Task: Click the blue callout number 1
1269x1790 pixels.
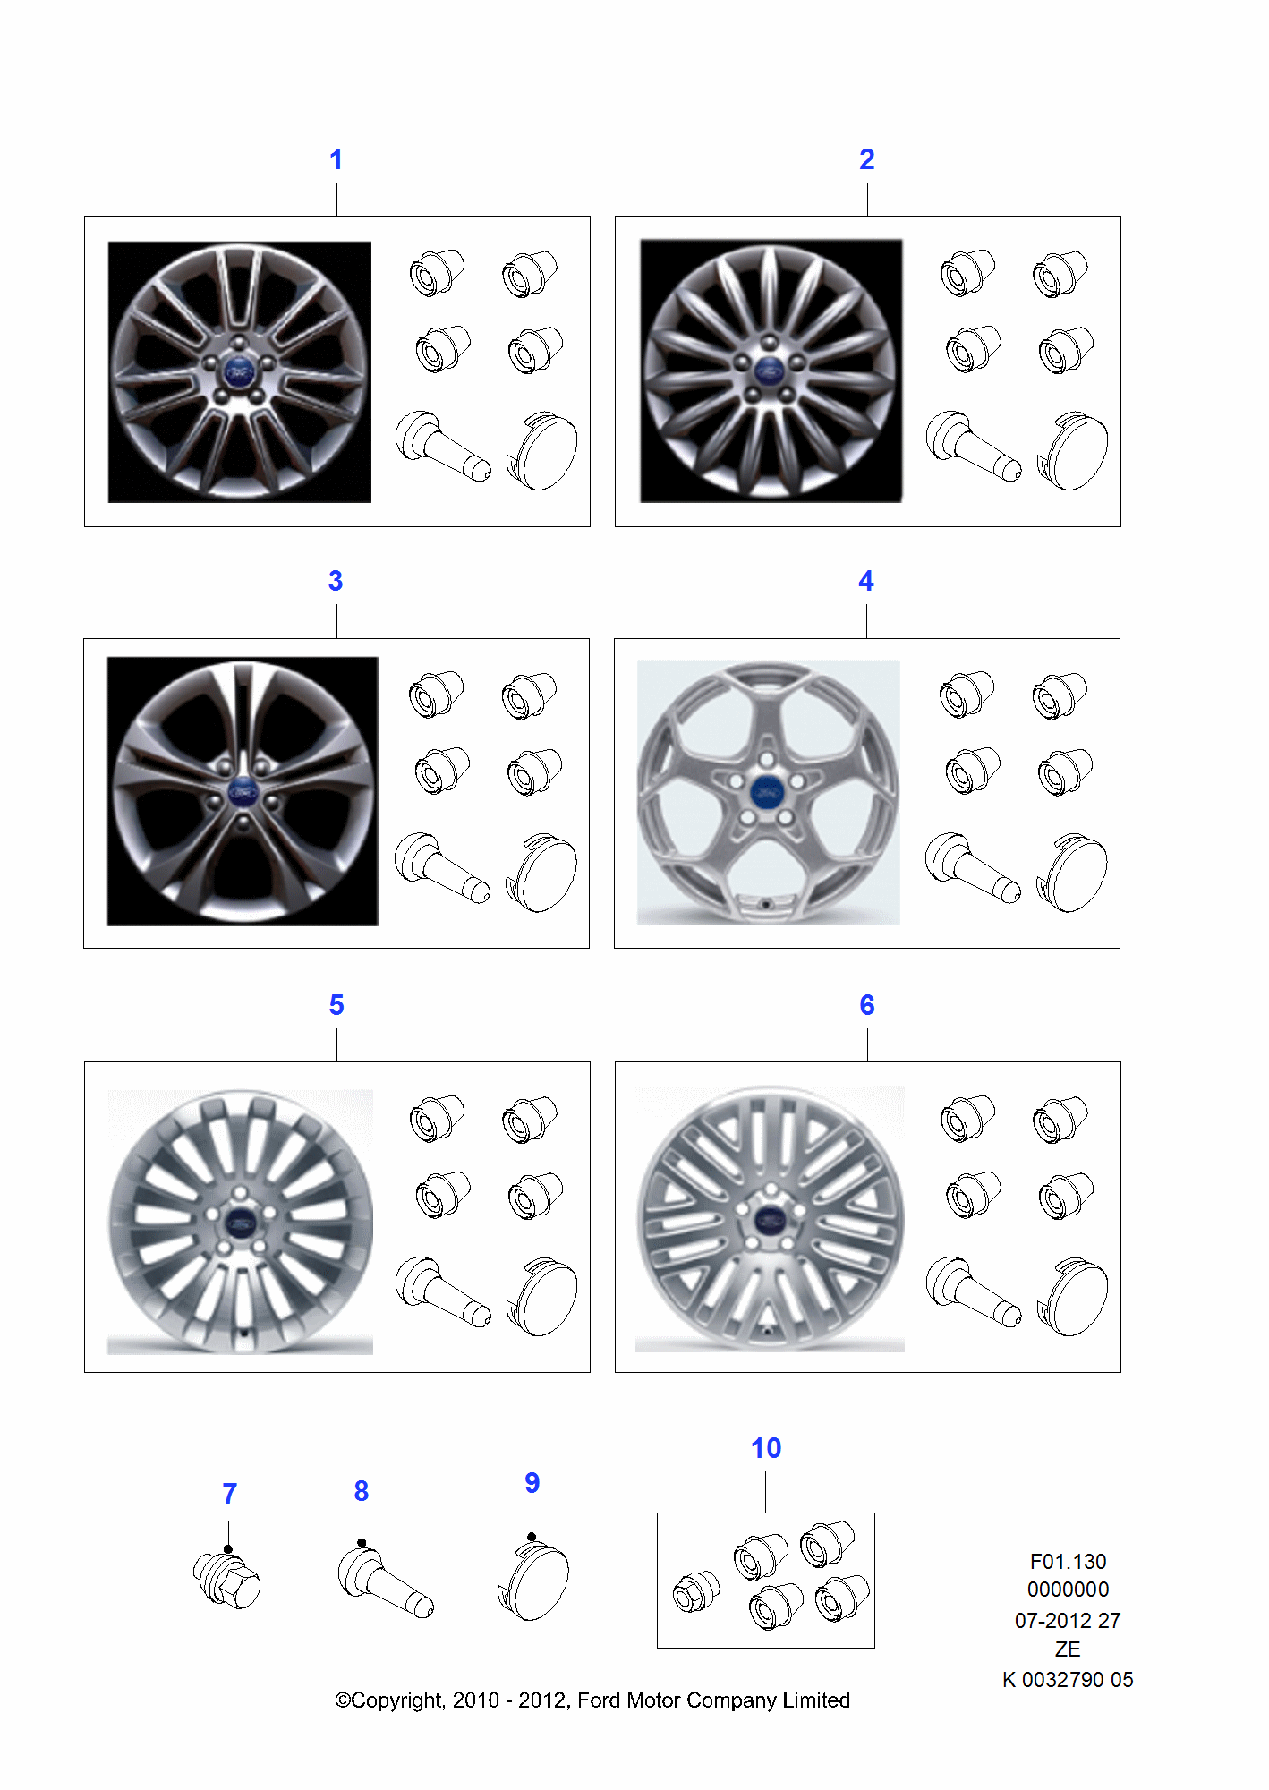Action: (336, 159)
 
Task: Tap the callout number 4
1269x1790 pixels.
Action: (866, 581)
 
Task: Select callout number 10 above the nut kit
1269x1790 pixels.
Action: (766, 1448)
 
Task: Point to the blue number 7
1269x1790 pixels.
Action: (230, 1493)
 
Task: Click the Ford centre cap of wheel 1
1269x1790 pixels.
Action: (239, 371)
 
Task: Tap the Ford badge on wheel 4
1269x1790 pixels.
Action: (766, 792)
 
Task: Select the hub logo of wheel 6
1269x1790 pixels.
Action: (770, 1219)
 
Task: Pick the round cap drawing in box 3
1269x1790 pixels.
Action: (541, 873)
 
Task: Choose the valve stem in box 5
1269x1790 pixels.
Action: (443, 1291)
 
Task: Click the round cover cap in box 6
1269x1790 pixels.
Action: (1072, 1296)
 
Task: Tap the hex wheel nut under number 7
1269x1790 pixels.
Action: (227, 1580)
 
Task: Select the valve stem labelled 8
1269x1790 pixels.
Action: (386, 1582)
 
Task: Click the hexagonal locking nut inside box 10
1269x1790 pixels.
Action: (696, 1591)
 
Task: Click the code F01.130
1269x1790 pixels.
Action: (1068, 1562)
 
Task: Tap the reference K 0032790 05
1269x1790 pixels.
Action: (1068, 1680)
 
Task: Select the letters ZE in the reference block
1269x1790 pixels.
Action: (1068, 1649)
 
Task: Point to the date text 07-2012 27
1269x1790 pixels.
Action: (1068, 1621)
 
